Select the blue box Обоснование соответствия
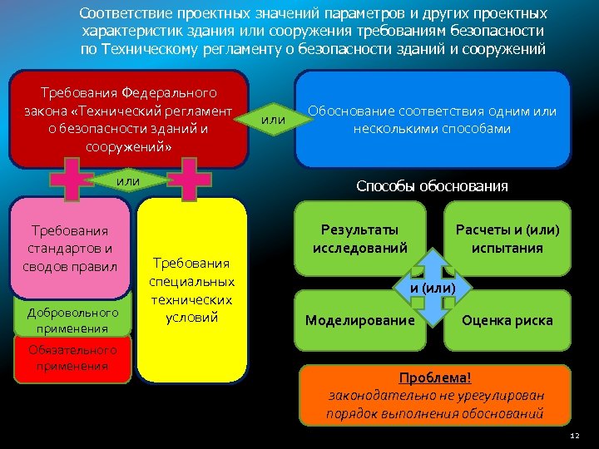coord(433,119)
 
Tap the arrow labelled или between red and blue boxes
coord(273,120)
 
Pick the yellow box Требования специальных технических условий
coord(191,290)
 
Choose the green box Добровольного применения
coord(72,319)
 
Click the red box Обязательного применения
coord(72,358)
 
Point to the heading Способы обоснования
coord(432,186)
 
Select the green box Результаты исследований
coord(359,238)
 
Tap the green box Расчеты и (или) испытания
coord(507,238)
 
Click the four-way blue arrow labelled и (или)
coord(433,288)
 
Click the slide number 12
coord(575,436)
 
